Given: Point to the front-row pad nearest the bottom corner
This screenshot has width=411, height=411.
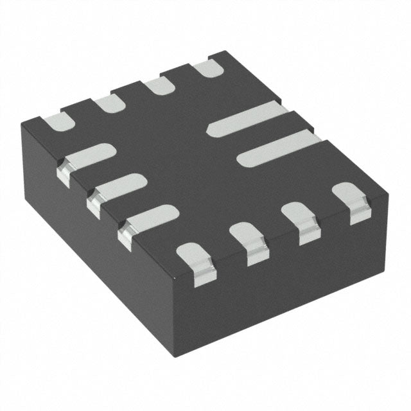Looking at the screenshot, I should click(x=195, y=258).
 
